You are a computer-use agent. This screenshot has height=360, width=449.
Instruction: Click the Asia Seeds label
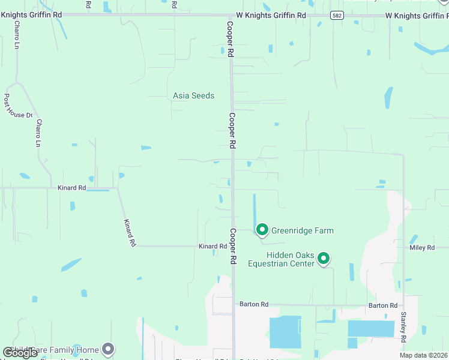(193, 95)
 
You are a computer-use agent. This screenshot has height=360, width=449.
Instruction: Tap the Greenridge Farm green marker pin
(262, 230)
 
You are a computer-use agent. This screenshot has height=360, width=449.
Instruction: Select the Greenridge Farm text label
(302, 230)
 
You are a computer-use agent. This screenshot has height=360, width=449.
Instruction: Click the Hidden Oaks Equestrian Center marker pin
(324, 258)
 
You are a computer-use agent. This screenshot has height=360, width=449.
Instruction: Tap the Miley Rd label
(422, 247)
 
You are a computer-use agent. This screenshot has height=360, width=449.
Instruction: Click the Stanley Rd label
(403, 327)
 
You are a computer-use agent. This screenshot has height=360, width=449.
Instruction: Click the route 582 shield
(337, 16)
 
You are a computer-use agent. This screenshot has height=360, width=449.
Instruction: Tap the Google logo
(20, 353)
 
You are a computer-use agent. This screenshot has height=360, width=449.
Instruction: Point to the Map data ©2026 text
(423, 355)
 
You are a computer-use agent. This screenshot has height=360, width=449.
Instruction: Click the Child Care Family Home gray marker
(108, 347)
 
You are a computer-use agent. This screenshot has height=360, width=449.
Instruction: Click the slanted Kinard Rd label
(129, 233)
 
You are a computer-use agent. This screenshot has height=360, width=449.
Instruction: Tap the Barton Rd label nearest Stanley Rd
(382, 305)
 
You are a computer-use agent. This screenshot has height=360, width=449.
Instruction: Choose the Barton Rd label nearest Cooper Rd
(253, 304)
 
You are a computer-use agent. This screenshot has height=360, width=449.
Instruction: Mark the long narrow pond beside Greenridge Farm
(255, 209)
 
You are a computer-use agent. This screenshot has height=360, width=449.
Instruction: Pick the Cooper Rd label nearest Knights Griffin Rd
(230, 39)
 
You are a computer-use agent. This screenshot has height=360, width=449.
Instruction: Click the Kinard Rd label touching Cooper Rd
(212, 246)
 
